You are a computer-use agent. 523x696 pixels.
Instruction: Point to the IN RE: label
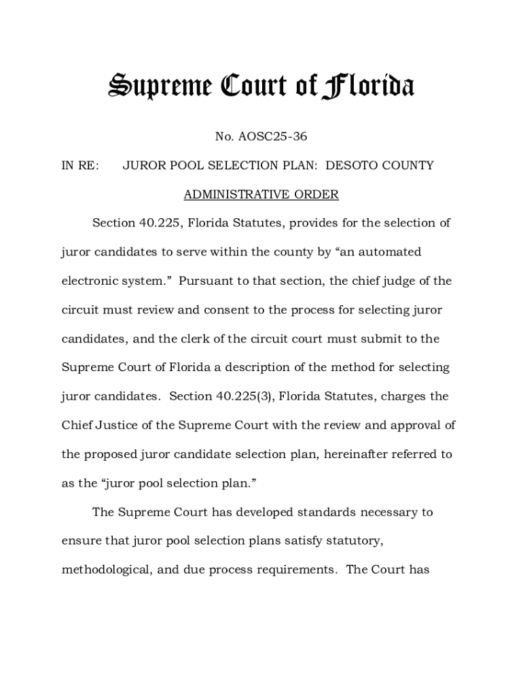point(80,166)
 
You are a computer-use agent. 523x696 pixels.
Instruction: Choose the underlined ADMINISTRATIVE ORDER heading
point(261,195)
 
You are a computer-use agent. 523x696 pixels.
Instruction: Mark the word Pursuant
point(204,281)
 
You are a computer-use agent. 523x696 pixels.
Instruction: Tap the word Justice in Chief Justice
point(125,425)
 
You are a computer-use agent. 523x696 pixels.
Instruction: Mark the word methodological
point(106,570)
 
